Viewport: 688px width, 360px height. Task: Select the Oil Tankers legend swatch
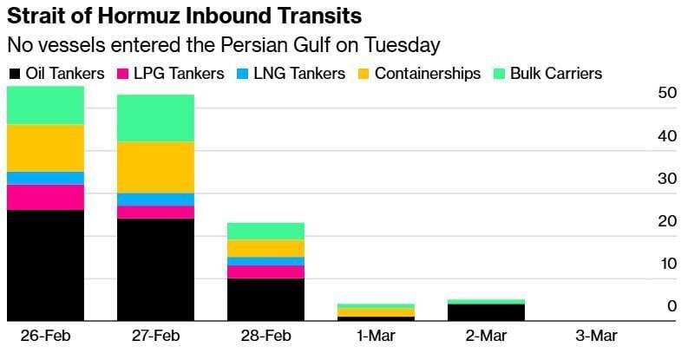click(13, 74)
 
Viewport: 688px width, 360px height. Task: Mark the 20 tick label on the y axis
click(666, 221)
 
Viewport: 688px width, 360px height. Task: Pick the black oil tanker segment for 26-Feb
click(45, 265)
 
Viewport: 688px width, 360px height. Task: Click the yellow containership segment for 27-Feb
click(156, 167)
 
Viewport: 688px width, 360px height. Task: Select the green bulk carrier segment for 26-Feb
click(45, 105)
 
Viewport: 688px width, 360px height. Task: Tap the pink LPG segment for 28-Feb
click(266, 272)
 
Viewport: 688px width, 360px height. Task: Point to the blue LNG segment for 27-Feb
click(156, 200)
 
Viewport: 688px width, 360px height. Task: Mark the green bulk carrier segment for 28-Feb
click(266, 231)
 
